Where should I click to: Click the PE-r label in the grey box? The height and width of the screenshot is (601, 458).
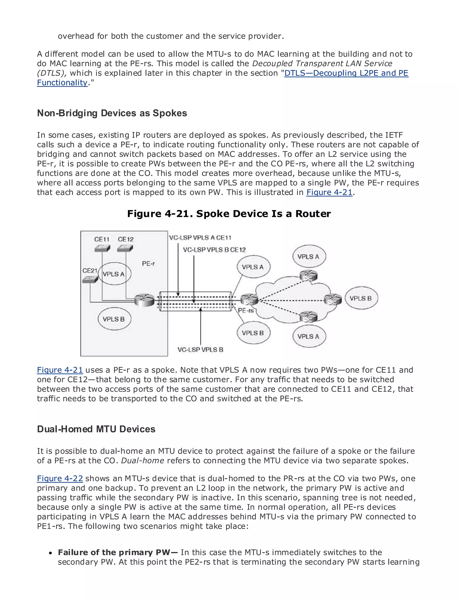tap(148, 264)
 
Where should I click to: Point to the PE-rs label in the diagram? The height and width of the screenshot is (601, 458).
tap(246, 310)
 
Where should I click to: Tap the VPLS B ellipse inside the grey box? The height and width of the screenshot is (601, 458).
tap(114, 319)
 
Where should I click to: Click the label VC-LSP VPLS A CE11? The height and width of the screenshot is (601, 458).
tap(200, 238)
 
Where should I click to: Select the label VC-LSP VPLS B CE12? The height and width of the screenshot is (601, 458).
tap(214, 250)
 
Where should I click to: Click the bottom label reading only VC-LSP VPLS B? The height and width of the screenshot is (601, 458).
tap(200, 349)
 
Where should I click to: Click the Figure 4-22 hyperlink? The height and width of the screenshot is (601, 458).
tap(60, 478)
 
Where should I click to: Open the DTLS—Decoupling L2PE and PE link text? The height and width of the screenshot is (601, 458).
tap(346, 73)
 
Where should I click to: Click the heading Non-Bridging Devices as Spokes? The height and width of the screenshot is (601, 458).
tap(112, 113)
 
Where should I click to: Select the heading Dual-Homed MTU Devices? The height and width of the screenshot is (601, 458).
tap(96, 429)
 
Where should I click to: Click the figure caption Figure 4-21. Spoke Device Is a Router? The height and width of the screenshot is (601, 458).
tap(229, 214)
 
